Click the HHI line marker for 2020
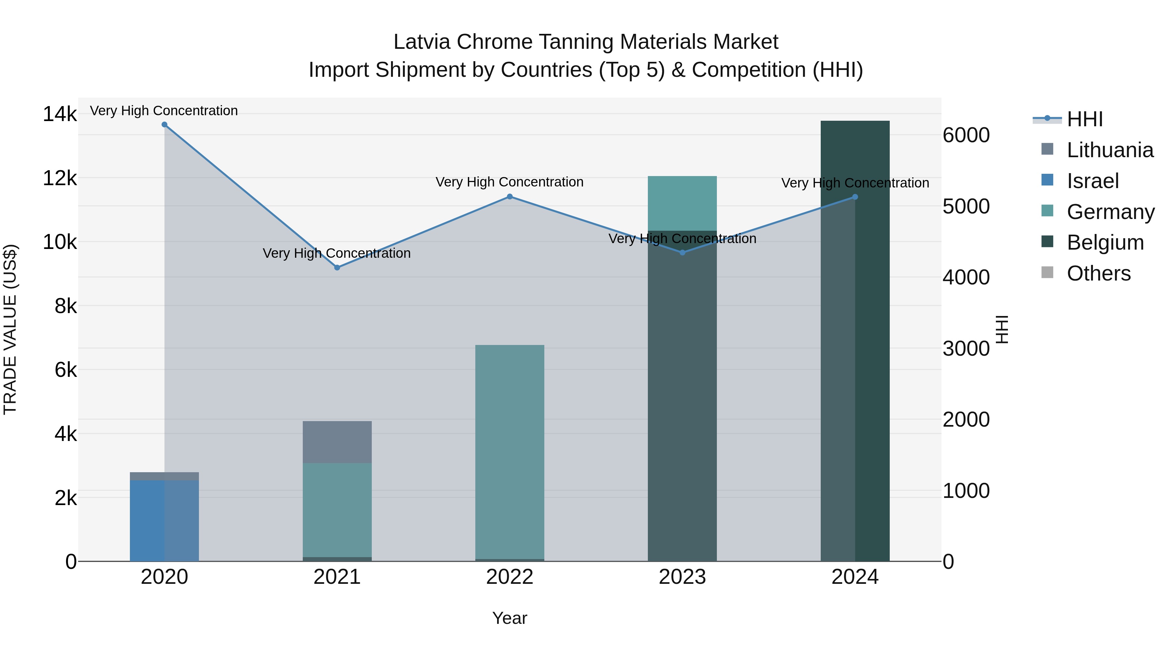click(x=164, y=125)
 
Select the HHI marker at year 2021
click(x=337, y=268)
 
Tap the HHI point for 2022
click(x=509, y=197)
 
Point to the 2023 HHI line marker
click(x=682, y=253)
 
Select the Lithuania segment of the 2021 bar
click(x=337, y=442)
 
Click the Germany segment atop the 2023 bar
click(x=682, y=203)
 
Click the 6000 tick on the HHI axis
click(x=966, y=135)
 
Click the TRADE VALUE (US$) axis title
click(x=10, y=329)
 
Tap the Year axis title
click(x=509, y=618)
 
